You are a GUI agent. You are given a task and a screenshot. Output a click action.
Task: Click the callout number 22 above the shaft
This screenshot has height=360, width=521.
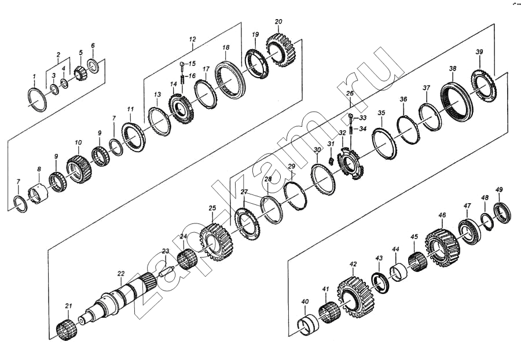coord(120,274)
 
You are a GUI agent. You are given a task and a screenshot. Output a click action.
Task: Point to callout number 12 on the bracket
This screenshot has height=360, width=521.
coord(192,39)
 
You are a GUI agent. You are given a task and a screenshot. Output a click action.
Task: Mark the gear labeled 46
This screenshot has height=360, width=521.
coord(443,247)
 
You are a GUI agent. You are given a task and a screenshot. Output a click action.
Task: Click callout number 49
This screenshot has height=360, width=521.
coord(499,190)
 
